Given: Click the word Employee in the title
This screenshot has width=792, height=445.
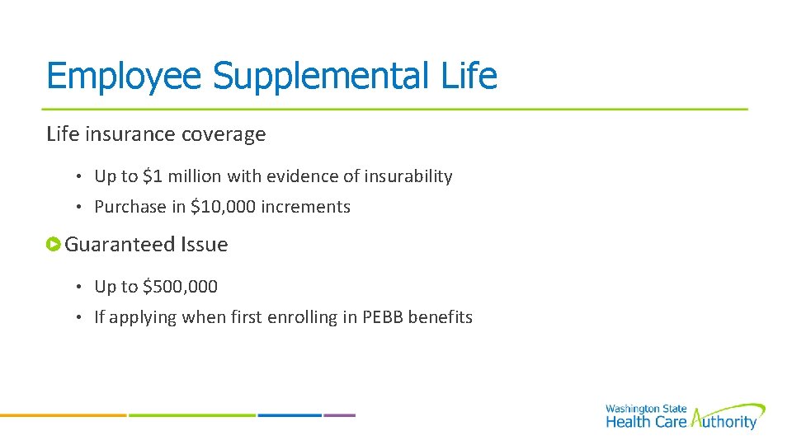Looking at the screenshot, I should click(125, 77).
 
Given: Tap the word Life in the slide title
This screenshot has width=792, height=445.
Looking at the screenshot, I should click(469, 77).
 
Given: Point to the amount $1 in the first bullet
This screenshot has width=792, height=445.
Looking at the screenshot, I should click(153, 176).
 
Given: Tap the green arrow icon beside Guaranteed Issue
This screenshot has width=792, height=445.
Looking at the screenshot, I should click(54, 244).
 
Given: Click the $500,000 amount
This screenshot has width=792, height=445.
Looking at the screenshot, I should click(180, 287).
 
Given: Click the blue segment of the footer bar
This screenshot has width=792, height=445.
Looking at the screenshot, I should click(289, 415).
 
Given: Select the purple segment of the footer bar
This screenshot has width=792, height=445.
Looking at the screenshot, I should click(339, 415).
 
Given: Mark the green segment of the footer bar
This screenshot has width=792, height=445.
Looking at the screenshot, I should click(191, 415).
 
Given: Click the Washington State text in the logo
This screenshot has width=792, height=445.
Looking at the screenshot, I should click(644, 409).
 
